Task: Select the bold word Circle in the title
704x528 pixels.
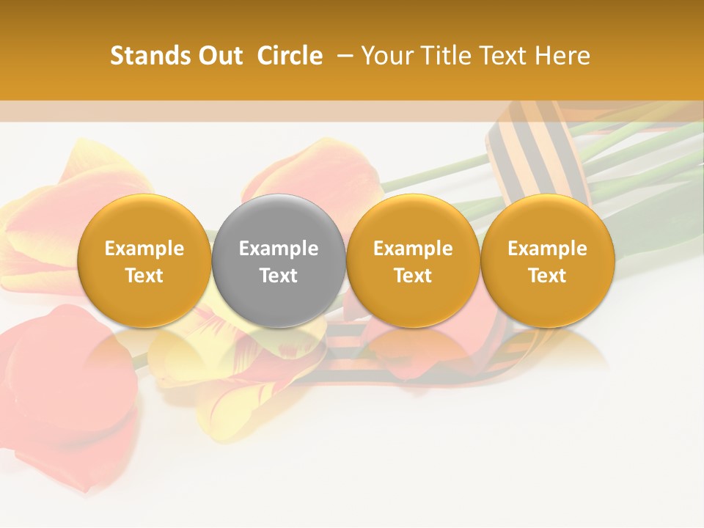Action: coord(290,56)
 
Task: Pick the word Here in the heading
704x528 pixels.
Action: coord(562,56)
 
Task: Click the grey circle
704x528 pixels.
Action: coord(279,261)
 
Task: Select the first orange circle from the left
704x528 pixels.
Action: coord(144,261)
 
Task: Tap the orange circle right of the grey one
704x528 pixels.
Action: coord(413,261)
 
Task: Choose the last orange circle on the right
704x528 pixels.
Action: coord(547,261)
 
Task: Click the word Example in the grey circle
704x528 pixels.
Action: coord(279,249)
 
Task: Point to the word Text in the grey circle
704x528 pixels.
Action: coord(279,276)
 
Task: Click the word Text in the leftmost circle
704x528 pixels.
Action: coord(144,276)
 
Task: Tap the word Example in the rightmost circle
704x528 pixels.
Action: coord(547,249)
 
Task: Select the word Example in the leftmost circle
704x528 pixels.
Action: coord(144,249)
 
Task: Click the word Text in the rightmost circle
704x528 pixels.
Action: coord(547,276)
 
